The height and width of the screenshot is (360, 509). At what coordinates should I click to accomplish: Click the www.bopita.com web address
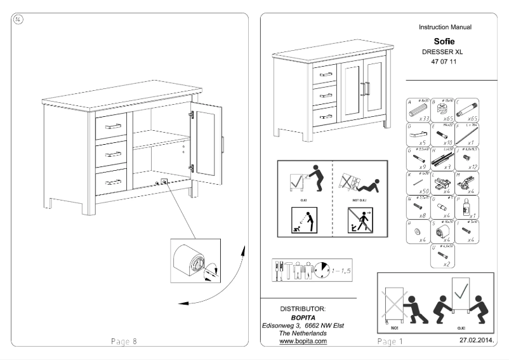tap(303, 341)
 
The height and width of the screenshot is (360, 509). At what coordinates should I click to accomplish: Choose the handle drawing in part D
tap(418, 134)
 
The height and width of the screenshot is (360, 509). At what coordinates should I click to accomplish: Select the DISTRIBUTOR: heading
tap(303, 309)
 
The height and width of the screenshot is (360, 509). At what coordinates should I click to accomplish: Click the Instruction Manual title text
tap(445, 27)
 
